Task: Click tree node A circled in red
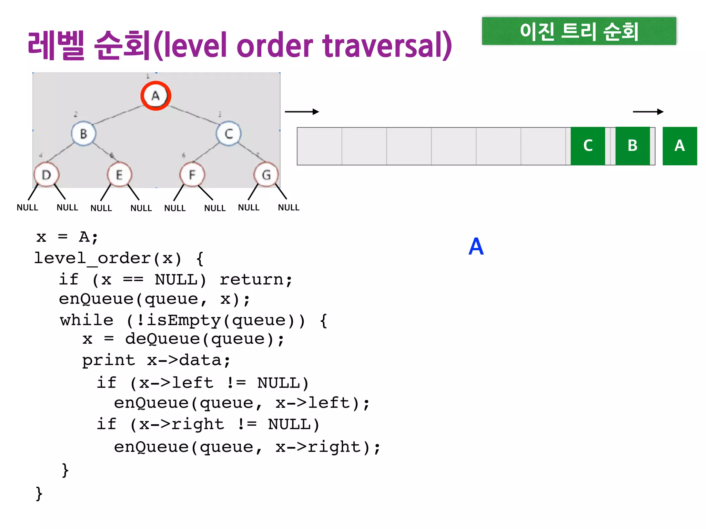(156, 96)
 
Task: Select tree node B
(83, 134)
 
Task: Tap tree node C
(229, 134)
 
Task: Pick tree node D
(47, 175)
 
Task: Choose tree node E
(119, 175)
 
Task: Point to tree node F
(192, 175)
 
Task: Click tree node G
(266, 175)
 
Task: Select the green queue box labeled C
(588, 146)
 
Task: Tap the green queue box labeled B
(632, 146)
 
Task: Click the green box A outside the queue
(679, 146)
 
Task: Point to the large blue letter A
(476, 247)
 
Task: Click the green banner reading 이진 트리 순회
(579, 31)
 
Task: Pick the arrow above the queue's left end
(302, 112)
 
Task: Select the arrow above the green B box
(648, 112)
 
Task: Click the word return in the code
(256, 280)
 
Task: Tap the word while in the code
(87, 320)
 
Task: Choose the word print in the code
(108, 361)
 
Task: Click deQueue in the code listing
(162, 339)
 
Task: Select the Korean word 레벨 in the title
(56, 45)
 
